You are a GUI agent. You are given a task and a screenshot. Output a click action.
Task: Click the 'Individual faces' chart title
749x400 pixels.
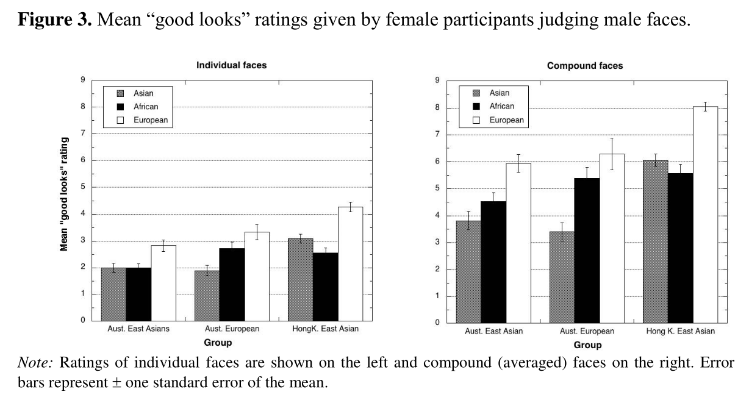(231, 65)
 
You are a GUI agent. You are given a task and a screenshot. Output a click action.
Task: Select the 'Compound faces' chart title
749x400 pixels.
(585, 66)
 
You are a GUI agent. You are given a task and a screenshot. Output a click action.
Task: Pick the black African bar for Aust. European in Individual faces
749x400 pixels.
(232, 284)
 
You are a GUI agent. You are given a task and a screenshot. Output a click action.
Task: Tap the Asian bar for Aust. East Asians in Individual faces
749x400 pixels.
(113, 294)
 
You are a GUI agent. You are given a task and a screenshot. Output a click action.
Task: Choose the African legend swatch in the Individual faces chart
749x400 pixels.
(120, 107)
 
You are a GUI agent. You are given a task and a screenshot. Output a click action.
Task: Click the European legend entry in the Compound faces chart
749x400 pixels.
(506, 120)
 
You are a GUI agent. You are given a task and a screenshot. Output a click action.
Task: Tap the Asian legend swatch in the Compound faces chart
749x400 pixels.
(476, 93)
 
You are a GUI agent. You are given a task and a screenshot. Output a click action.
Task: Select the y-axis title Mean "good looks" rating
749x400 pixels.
(63, 194)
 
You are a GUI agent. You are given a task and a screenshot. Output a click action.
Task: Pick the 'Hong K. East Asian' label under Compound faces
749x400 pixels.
(680, 331)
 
